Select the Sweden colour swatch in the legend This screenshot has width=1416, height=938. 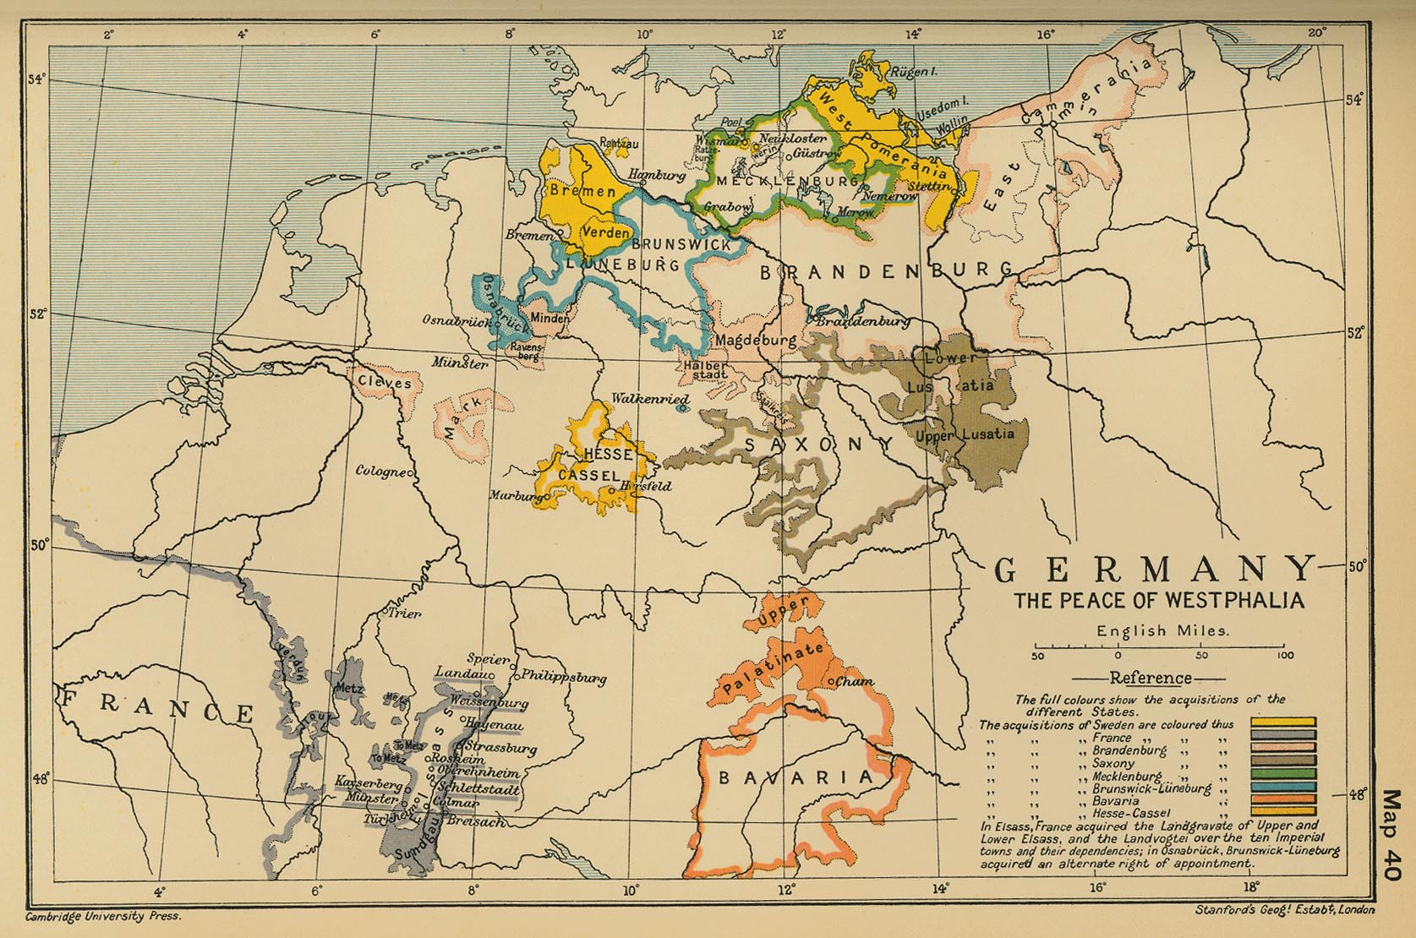point(1283,723)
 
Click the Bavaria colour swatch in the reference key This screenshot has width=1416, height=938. point(1283,799)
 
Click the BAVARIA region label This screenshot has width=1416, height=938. point(795,778)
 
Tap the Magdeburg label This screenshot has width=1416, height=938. point(757,340)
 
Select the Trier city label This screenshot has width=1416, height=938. point(404,614)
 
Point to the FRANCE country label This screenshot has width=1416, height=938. point(156,706)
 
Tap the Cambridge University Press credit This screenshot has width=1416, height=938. point(103,915)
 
